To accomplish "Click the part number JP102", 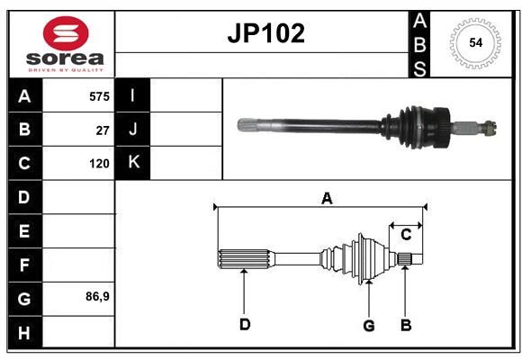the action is pos(265,33).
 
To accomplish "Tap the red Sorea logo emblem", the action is pos(66,33).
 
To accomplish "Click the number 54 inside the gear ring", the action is pos(475,43).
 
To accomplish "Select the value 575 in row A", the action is pos(99,96).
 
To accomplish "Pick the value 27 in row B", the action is pos(103,130).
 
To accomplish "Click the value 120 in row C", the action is pos(99,164).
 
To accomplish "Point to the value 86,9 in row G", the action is pos(97,296).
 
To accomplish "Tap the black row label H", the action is pos(24,332).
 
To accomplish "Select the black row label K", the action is pos(132,163).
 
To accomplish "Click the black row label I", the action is pos(132,95).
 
